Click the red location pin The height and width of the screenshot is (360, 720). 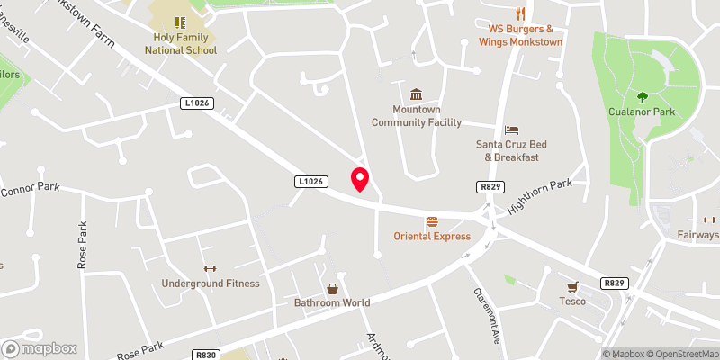(x=360, y=179)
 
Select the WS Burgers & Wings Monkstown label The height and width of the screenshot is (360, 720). (x=521, y=35)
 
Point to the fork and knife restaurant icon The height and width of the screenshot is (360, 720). (x=520, y=13)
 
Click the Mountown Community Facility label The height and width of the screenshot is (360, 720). (x=417, y=116)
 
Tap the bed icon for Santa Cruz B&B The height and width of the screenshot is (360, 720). (x=512, y=130)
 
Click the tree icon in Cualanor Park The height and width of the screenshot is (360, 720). (x=643, y=96)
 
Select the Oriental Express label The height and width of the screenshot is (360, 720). (x=432, y=237)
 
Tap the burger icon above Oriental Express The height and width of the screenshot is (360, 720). (x=432, y=221)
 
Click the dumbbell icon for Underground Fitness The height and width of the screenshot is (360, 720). (x=211, y=268)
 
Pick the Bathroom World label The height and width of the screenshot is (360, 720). (x=332, y=303)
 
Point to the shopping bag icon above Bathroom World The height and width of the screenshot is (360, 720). (x=332, y=288)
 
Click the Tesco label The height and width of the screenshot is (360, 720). (x=571, y=301)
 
